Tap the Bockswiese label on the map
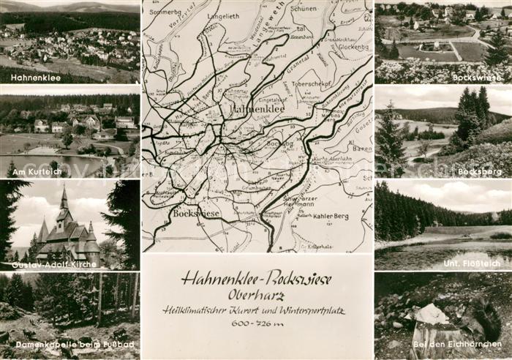[197, 212]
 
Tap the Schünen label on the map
[304, 9]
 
